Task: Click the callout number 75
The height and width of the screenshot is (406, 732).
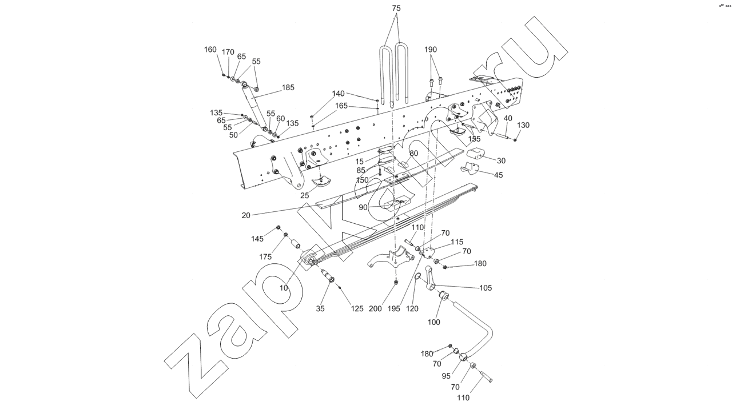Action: [396, 9]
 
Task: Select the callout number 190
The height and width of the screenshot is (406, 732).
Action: [431, 50]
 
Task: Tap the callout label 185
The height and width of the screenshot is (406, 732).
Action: [288, 88]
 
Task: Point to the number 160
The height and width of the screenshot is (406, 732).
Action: [210, 50]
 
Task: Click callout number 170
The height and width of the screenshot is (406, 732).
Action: [228, 52]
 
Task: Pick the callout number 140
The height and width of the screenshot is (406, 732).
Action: [339, 94]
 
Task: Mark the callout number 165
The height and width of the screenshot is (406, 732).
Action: [341, 106]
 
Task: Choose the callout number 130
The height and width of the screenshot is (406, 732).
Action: [523, 125]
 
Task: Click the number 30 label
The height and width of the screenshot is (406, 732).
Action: [501, 160]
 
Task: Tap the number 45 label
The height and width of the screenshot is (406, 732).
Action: [498, 175]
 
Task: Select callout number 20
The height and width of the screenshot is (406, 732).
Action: [246, 215]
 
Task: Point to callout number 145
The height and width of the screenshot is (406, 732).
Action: [258, 238]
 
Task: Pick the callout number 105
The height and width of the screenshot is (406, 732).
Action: [485, 288]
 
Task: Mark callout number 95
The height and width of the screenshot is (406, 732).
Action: [446, 376]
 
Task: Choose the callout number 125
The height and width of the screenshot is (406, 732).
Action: [357, 309]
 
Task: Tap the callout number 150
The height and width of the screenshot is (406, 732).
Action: [362, 180]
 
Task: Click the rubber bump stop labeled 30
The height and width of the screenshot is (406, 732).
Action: [477, 154]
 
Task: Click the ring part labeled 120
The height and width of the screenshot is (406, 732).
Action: [419, 278]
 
